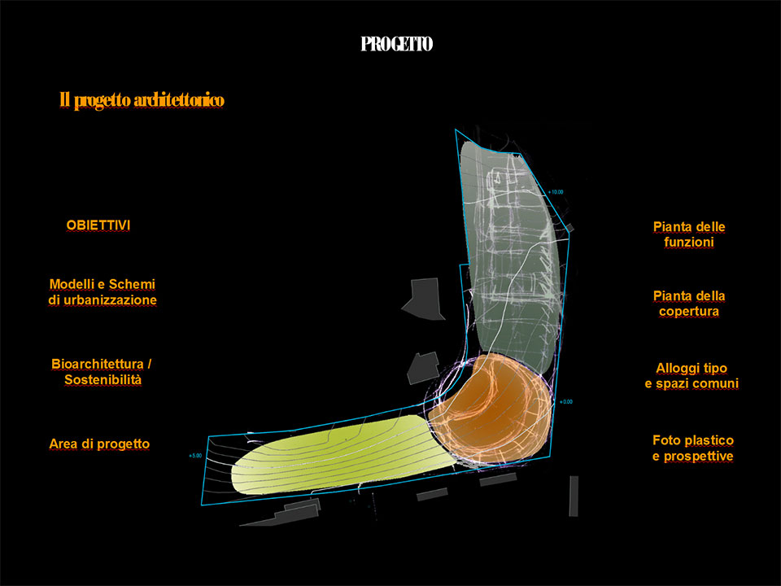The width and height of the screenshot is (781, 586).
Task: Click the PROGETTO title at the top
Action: click(x=396, y=44)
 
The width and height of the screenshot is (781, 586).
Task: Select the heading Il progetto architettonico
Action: click(x=142, y=100)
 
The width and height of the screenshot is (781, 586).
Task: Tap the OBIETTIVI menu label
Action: click(x=98, y=225)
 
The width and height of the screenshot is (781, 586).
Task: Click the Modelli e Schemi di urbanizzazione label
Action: click(x=103, y=292)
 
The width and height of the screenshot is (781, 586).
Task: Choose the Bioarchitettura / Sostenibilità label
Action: click(x=102, y=372)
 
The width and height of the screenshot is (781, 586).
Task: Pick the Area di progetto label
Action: click(x=99, y=444)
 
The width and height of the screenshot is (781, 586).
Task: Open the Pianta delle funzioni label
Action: click(x=689, y=234)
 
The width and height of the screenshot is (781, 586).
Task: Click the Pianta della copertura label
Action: click(x=689, y=304)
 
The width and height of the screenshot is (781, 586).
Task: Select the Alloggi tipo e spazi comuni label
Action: click(x=692, y=376)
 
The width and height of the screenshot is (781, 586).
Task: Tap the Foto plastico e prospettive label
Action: click(x=693, y=448)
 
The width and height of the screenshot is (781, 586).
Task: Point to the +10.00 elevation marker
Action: click(x=556, y=192)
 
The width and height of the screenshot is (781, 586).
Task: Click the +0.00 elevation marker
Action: click(x=566, y=401)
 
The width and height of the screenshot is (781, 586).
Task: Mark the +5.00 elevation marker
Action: click(x=195, y=456)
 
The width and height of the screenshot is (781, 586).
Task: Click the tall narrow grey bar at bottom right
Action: click(x=574, y=496)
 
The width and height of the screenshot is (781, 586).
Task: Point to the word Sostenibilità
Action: click(x=103, y=380)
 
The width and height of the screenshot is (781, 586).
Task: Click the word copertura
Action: click(x=689, y=312)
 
